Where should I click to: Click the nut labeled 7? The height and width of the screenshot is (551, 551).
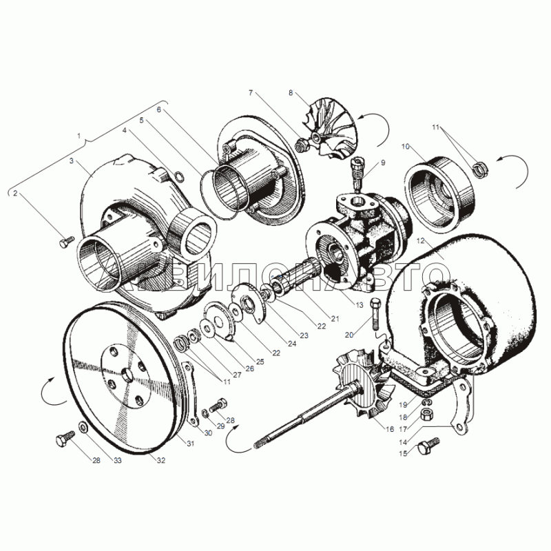[301, 145]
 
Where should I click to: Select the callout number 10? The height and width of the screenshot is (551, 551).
[405, 147]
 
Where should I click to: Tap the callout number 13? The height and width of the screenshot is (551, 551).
[358, 306]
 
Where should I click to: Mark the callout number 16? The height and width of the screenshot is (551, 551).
[389, 428]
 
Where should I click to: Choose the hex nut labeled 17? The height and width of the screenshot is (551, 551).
[428, 414]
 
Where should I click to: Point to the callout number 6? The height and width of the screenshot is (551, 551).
[158, 110]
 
